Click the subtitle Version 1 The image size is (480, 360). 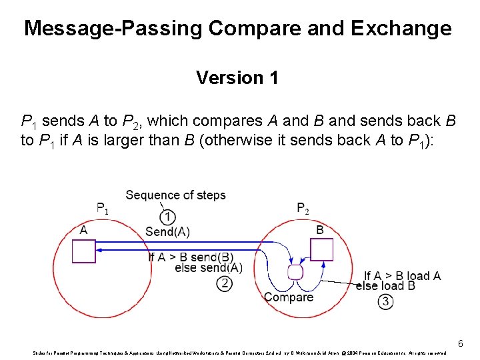[x=237, y=78]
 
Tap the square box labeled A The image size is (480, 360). [x=84, y=251]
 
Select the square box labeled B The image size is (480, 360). [x=321, y=249]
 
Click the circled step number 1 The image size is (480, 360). [x=169, y=217]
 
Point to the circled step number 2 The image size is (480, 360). [x=225, y=283]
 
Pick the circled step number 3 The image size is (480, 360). [x=385, y=301]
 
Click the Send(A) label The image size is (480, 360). [x=167, y=232]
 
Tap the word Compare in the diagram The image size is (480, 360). [x=289, y=297]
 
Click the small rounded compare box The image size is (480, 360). [x=295, y=272]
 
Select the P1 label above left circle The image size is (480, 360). [x=103, y=208]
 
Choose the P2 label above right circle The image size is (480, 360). [x=303, y=208]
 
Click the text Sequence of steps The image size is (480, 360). [x=175, y=195]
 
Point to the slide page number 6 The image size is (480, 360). [x=460, y=343]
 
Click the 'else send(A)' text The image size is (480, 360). [x=208, y=268]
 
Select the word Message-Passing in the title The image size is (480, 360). [x=113, y=29]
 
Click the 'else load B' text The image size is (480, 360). [x=385, y=286]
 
